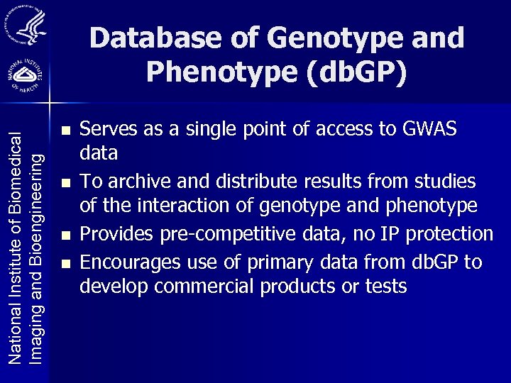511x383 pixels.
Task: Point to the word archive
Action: click(140, 182)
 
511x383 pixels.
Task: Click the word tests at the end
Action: click(385, 287)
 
